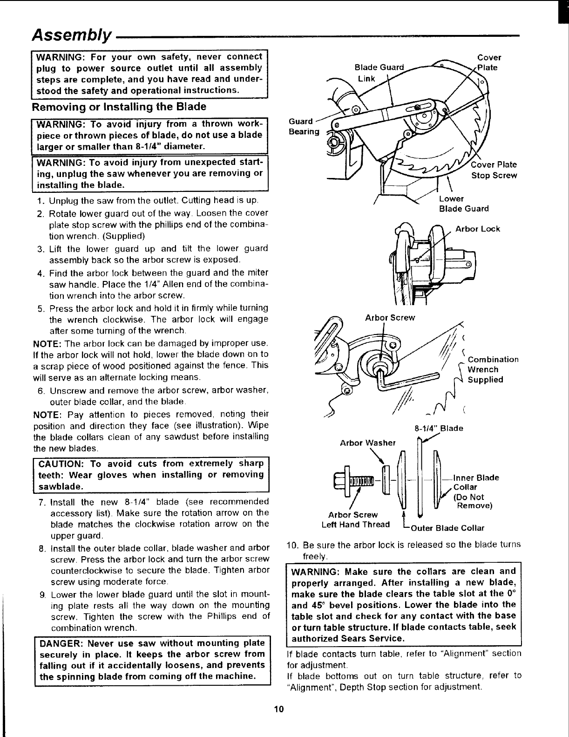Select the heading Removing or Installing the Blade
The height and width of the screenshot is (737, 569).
click(119, 107)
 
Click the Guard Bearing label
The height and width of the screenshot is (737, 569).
click(304, 127)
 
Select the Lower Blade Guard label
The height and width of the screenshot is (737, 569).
click(464, 204)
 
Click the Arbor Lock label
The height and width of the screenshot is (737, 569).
click(477, 229)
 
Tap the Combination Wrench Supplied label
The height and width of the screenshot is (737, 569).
click(493, 369)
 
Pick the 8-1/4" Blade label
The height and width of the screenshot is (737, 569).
click(439, 428)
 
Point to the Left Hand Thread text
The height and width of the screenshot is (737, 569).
click(356, 525)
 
